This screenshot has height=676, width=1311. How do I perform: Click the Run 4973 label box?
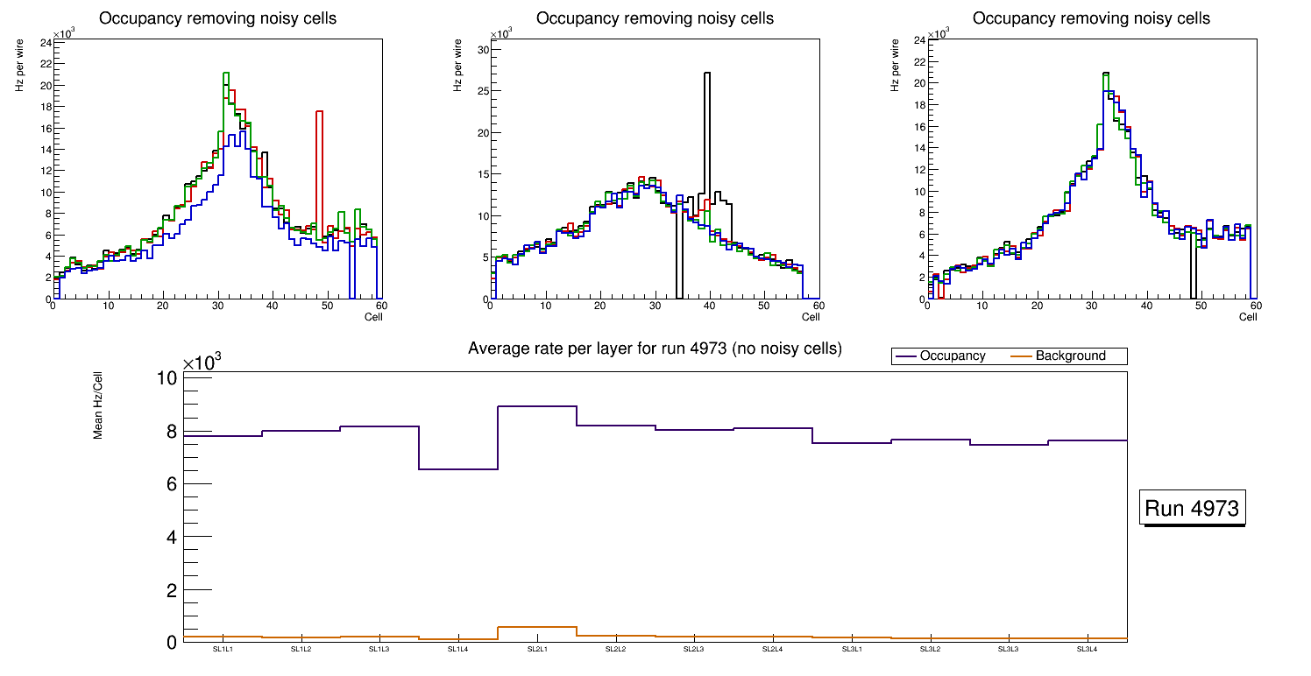click(x=1193, y=509)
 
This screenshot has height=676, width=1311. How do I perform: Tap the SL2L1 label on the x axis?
click(x=536, y=649)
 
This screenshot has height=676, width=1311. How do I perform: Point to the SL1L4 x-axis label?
click(x=457, y=649)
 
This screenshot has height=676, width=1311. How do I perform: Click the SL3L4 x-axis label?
click(x=1087, y=649)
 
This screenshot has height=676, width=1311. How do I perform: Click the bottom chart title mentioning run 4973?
click(x=655, y=349)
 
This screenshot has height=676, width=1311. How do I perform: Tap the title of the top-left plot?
click(x=217, y=18)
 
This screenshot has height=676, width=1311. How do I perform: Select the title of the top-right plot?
click(x=1091, y=18)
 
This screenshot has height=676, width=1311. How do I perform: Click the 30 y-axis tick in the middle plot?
click(x=481, y=50)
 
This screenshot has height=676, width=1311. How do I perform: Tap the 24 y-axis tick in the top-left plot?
click(x=46, y=41)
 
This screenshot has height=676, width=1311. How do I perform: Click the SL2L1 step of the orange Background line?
click(x=536, y=627)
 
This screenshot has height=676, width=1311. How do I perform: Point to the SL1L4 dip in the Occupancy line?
click(x=457, y=469)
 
